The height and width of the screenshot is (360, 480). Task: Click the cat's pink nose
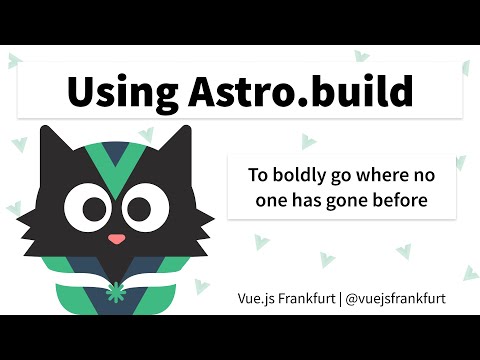(117, 239)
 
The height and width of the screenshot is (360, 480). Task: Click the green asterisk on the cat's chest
(118, 294)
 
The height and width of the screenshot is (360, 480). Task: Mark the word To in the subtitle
(259, 175)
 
